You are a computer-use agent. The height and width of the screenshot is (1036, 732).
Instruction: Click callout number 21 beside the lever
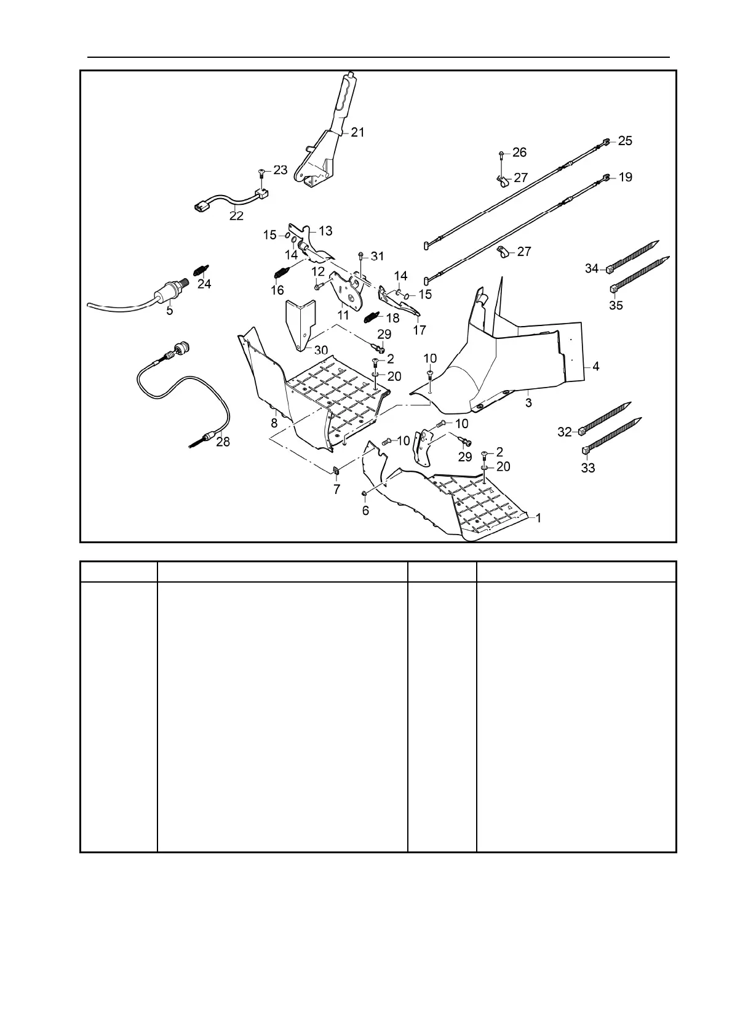[x=357, y=132]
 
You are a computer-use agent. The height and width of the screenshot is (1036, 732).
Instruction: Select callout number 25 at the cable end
[x=624, y=141]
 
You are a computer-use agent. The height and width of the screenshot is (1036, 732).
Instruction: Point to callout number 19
[x=625, y=177]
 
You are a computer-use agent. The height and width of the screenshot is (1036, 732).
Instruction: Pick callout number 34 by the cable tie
[x=592, y=268]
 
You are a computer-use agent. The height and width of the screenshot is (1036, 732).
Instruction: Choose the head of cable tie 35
[x=613, y=289]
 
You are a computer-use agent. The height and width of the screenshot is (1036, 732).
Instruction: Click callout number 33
[x=588, y=468]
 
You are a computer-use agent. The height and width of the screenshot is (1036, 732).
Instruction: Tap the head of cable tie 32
[x=581, y=432]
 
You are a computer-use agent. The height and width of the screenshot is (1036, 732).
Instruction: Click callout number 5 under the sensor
[x=169, y=311]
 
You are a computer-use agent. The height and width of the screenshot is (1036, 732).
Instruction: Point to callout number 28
[x=223, y=442]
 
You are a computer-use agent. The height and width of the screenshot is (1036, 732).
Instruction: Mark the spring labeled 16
[x=280, y=273]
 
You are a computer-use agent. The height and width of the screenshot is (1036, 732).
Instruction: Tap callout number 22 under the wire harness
[x=236, y=216]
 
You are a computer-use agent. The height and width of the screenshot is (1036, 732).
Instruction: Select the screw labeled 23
[x=262, y=172]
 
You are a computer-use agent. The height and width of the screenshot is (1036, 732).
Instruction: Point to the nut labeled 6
[x=365, y=493]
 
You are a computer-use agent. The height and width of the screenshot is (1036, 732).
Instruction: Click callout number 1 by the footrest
[x=538, y=519]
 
